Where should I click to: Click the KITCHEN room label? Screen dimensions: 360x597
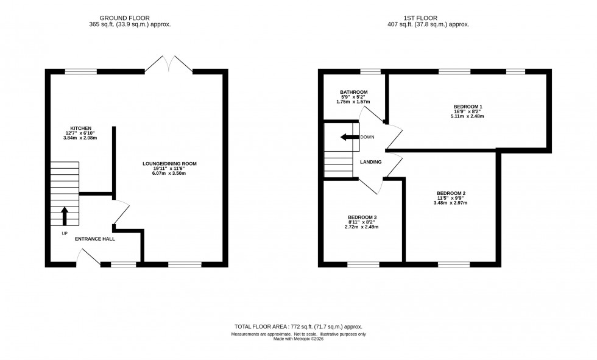80,128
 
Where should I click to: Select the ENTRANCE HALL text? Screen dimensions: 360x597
94,239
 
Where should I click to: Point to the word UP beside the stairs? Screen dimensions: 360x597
64,233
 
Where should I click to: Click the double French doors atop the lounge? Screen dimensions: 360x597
169,63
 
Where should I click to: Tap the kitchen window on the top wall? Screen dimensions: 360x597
81,71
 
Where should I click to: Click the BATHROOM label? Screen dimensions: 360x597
353,92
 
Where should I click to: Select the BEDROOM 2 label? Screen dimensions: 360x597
451,194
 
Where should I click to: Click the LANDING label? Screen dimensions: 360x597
370,162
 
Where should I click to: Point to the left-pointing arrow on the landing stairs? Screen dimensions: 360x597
349,137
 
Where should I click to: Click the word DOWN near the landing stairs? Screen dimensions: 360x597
367,137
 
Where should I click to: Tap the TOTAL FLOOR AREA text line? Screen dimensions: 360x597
298,327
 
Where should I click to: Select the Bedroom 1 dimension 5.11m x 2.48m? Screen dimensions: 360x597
468,116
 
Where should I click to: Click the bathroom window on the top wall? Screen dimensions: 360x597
370,71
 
